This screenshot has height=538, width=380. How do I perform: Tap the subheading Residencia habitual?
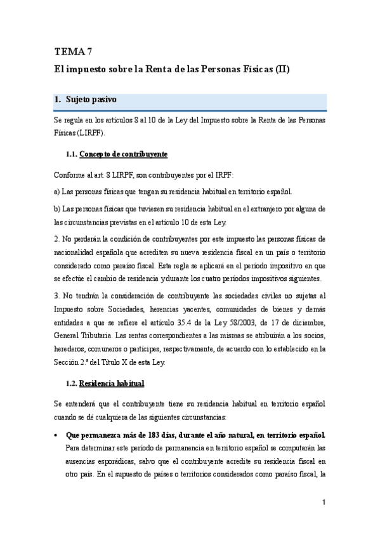pos(114,383)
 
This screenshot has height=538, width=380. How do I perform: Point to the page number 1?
pos(324,503)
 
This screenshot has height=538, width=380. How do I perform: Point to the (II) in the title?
pos(282,69)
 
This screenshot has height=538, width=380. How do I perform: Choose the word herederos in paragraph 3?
pos(70,349)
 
